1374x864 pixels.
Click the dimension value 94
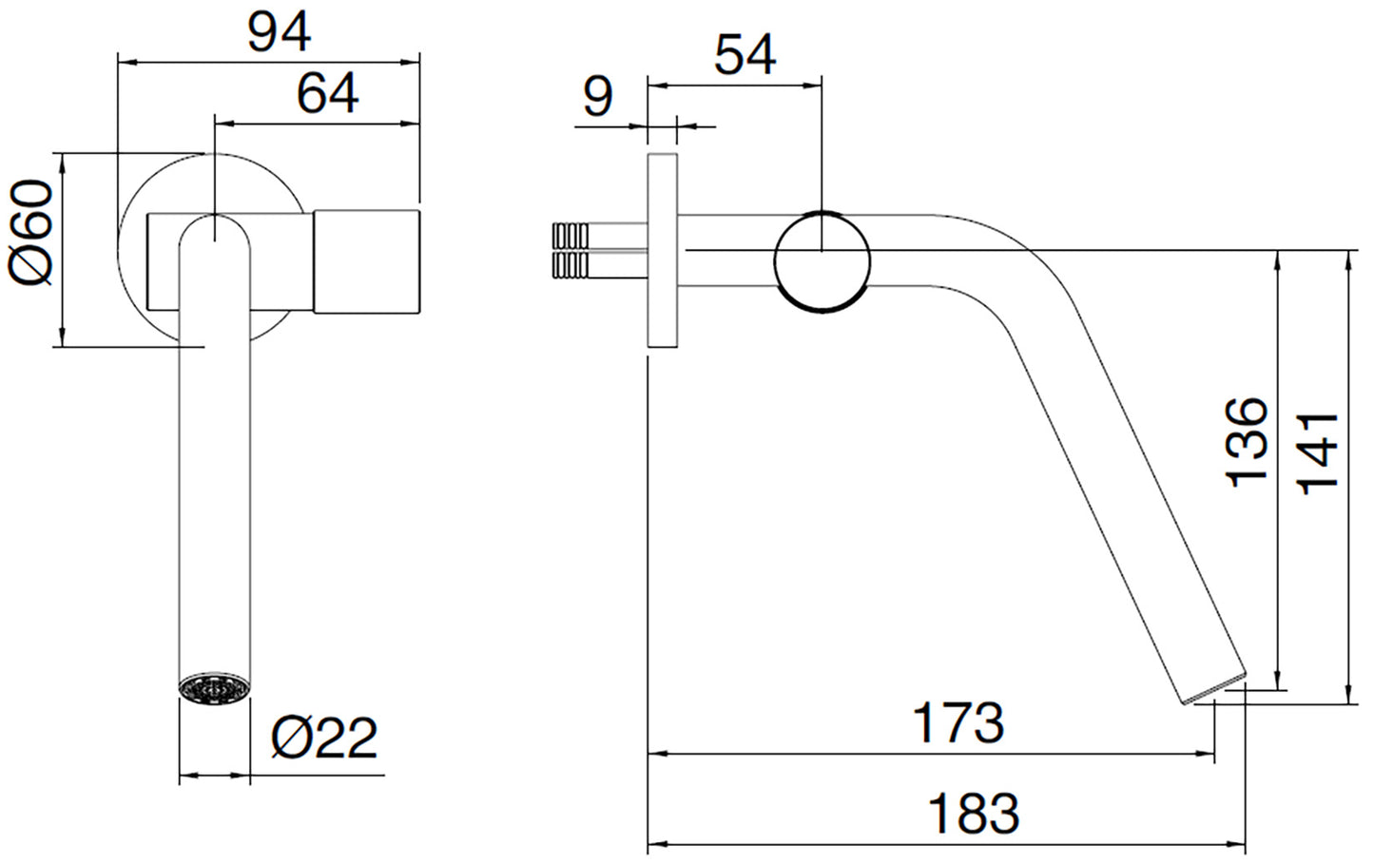click(x=280, y=32)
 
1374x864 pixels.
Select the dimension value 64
click(x=327, y=94)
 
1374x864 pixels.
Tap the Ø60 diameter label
click(x=30, y=232)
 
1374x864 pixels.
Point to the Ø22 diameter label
click(x=324, y=739)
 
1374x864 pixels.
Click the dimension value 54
click(x=745, y=56)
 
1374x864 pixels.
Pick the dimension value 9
click(x=597, y=97)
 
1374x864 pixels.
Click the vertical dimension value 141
click(x=1318, y=453)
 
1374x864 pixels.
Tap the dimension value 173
click(x=958, y=723)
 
